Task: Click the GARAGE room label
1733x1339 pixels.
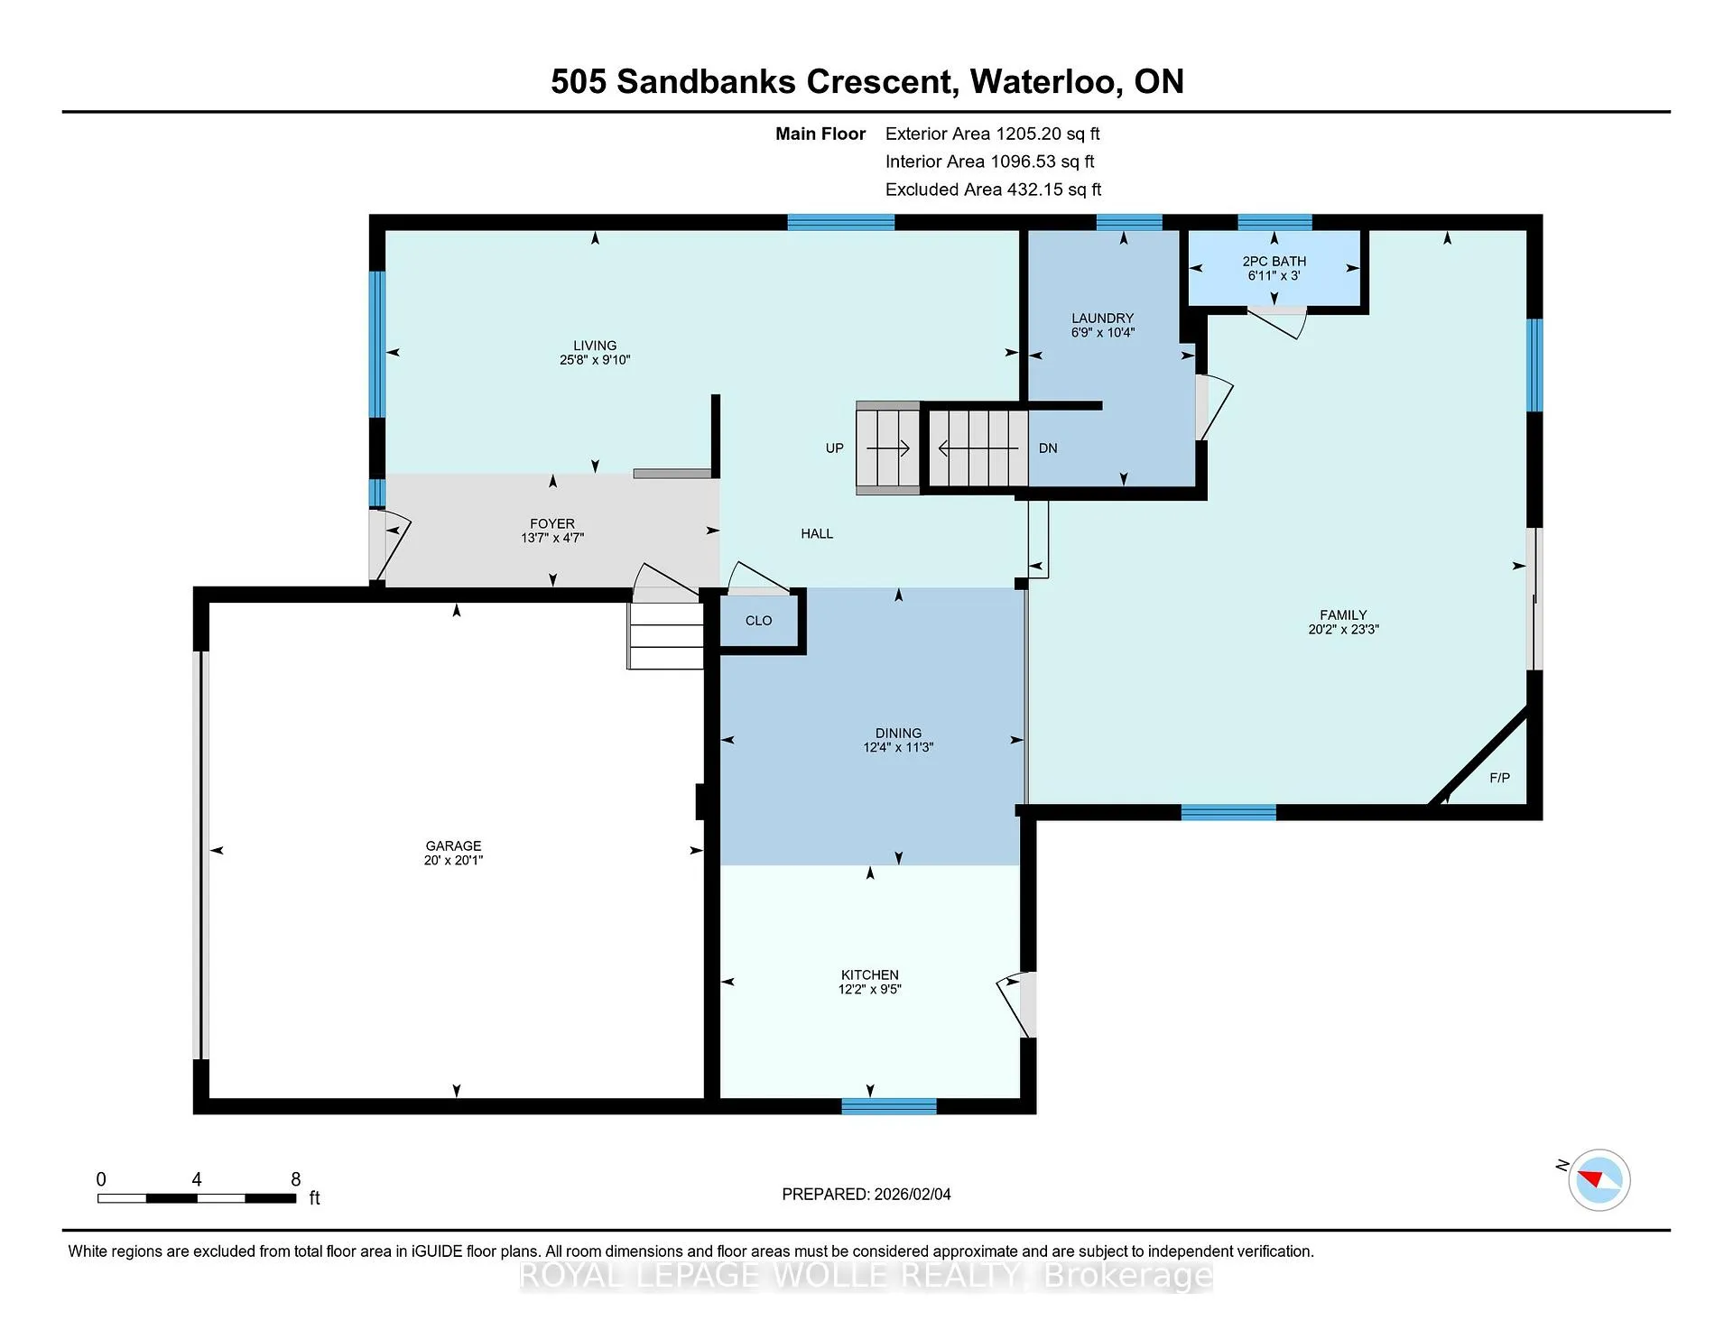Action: click(x=453, y=845)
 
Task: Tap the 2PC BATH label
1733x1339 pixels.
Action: click(x=1274, y=261)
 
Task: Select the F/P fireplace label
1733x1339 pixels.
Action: click(x=1499, y=778)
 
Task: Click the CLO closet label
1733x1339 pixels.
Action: click(x=758, y=621)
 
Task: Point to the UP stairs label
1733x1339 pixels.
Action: click(x=834, y=448)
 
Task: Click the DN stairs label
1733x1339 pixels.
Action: click(x=1048, y=448)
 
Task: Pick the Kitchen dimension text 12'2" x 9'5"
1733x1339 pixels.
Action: click(x=869, y=989)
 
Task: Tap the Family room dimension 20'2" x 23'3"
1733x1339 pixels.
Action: click(x=1343, y=630)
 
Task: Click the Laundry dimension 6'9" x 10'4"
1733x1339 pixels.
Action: click(x=1102, y=332)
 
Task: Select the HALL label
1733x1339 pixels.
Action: click(x=817, y=534)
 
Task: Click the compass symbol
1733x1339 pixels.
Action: click(x=1599, y=1179)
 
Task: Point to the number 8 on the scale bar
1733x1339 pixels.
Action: click(x=295, y=1179)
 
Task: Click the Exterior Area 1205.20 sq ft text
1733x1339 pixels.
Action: click(x=992, y=134)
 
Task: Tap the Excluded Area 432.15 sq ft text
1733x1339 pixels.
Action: click(x=993, y=189)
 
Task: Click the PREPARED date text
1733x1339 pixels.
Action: click(x=866, y=1195)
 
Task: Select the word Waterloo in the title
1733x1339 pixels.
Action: click(x=1045, y=82)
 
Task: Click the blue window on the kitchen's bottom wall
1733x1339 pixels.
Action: click(x=889, y=1106)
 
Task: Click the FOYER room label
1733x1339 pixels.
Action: click(x=552, y=523)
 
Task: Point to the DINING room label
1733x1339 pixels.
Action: click(x=898, y=734)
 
